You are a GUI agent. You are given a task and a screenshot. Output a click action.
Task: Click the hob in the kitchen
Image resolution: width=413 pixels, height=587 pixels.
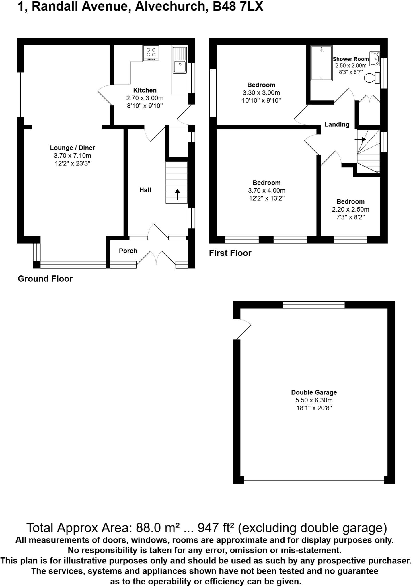[151, 53]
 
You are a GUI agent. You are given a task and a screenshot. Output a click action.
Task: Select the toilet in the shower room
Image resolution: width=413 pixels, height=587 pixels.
[372, 78]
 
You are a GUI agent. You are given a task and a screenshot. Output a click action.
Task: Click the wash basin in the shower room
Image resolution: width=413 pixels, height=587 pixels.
[375, 58]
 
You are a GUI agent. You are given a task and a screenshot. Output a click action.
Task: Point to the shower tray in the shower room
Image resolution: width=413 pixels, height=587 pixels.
[322, 63]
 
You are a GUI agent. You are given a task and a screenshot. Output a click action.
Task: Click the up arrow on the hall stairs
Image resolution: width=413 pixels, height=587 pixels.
[177, 194]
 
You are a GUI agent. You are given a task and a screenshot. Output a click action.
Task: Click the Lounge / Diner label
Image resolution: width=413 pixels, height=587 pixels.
[72, 148]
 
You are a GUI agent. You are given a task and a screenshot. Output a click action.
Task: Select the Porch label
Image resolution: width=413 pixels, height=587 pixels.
[128, 251]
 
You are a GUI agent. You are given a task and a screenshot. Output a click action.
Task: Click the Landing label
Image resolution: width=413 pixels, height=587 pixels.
[337, 124]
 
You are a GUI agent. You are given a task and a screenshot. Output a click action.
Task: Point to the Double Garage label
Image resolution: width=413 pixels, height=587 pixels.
[314, 392]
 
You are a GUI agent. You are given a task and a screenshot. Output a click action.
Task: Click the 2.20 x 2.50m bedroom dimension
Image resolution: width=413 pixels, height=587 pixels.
[350, 209]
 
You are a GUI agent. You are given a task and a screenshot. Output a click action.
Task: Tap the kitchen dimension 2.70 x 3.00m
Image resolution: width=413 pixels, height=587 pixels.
[145, 98]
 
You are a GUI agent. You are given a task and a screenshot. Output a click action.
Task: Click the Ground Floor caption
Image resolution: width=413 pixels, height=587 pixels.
[45, 279]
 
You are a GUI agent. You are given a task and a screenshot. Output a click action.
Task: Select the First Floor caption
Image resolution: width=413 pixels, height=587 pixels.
[230, 253]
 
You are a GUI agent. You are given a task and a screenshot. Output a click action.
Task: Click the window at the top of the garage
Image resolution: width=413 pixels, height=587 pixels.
[313, 305]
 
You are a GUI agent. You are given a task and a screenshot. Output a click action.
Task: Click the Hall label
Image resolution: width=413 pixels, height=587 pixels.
[145, 190]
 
